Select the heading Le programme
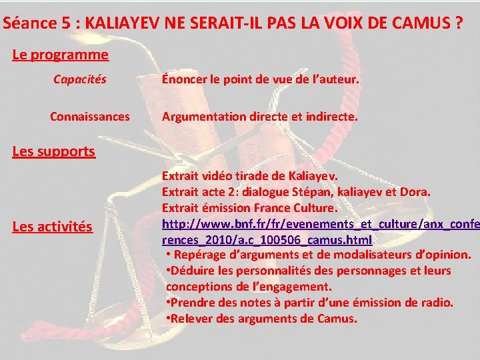click(60, 55)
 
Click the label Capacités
click(79, 80)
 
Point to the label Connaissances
click(90, 117)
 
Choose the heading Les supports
click(54, 151)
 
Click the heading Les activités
click(53, 227)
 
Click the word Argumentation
click(203, 117)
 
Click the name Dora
click(415, 193)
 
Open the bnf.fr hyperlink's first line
click(321, 223)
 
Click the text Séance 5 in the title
click(33, 23)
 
